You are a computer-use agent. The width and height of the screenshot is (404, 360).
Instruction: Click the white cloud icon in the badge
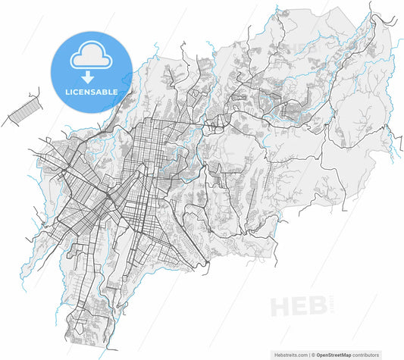point(89,58)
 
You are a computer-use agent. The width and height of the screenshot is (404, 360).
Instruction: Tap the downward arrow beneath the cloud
point(89,77)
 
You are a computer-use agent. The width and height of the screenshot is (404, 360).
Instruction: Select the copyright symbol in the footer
point(313,353)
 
